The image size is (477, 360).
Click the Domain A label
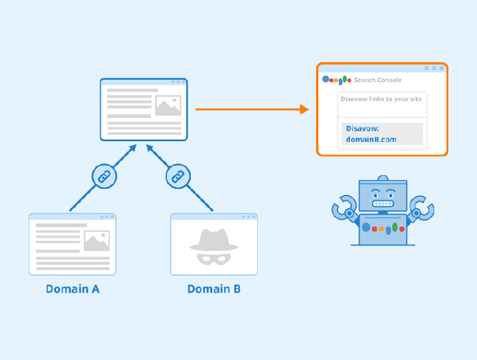coord(72,289)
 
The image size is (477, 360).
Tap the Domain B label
coord(214,289)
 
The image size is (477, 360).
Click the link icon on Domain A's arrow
coord(104,176)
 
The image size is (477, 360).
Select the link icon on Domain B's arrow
coord(177,176)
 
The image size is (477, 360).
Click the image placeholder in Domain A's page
coord(97,240)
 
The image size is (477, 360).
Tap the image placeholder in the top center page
coord(168,105)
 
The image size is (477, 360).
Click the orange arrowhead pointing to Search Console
coord(305,109)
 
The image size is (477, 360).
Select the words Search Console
coord(377,80)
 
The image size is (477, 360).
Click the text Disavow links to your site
coord(381,99)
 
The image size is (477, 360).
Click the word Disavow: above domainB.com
coord(363,129)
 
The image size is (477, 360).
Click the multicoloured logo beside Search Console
coord(336,80)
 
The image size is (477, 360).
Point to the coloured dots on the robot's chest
coord(383,228)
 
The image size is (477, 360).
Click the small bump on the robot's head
coord(383,178)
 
